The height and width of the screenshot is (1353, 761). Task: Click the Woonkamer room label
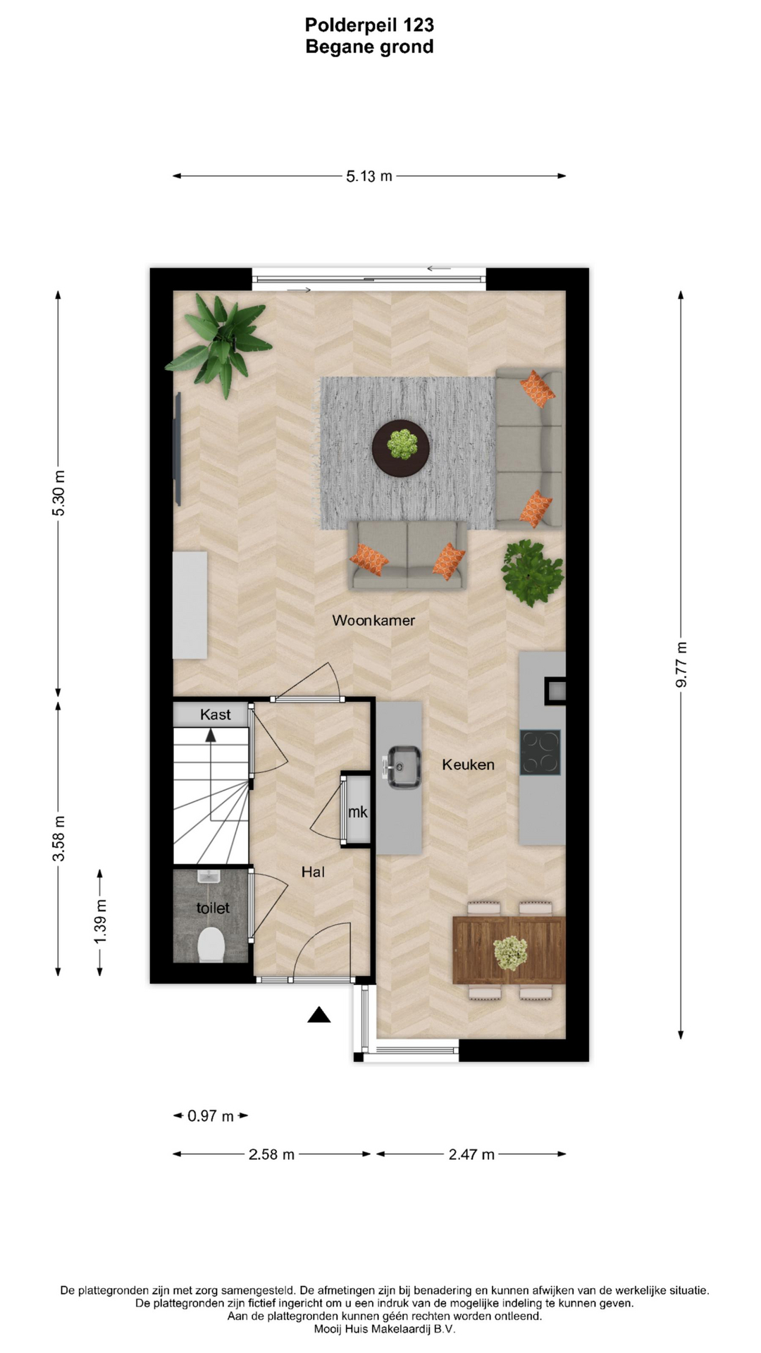tap(373, 620)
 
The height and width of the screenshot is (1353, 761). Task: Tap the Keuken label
tap(468, 765)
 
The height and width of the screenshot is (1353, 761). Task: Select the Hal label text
tap(313, 872)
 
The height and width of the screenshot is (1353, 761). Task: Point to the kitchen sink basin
tap(404, 766)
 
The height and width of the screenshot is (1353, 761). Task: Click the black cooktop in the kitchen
tap(540, 753)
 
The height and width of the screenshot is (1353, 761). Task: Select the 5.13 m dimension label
tap(369, 176)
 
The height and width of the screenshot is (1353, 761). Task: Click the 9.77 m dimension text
tap(681, 665)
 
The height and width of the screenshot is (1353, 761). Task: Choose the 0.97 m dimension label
tap(210, 1116)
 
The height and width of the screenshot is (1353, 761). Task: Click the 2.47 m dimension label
tap(471, 1154)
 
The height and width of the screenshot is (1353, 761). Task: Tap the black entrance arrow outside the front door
tap(319, 1015)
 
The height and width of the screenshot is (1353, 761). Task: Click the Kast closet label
tap(215, 715)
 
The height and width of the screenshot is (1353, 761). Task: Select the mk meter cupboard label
tap(357, 812)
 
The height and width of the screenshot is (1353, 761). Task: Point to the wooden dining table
tap(509, 950)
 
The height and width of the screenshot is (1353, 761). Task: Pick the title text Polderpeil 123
tap(369, 25)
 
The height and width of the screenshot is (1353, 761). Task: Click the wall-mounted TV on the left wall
tap(178, 449)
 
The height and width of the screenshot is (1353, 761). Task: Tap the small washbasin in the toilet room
tap(209, 877)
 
